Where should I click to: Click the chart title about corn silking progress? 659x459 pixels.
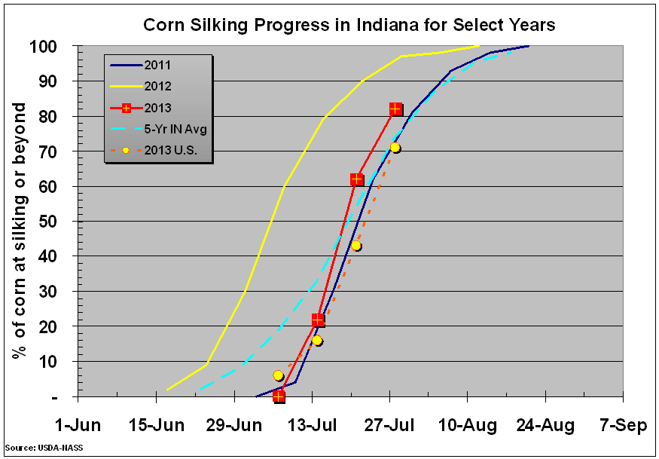pos(349,24)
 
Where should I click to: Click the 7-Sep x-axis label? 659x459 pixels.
pos(623,426)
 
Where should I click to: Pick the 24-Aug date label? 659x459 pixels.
pos(545,426)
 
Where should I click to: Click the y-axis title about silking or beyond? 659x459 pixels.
pos(20,232)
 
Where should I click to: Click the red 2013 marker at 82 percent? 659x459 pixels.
pos(395,109)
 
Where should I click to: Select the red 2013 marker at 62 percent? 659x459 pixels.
pos(357,179)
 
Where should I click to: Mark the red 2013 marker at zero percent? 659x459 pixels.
pos(279,396)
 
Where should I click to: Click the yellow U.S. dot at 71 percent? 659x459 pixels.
pos(395,148)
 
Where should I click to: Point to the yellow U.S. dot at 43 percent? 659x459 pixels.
pos(356,246)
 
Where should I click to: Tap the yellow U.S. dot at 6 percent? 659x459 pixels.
pos(279,375)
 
